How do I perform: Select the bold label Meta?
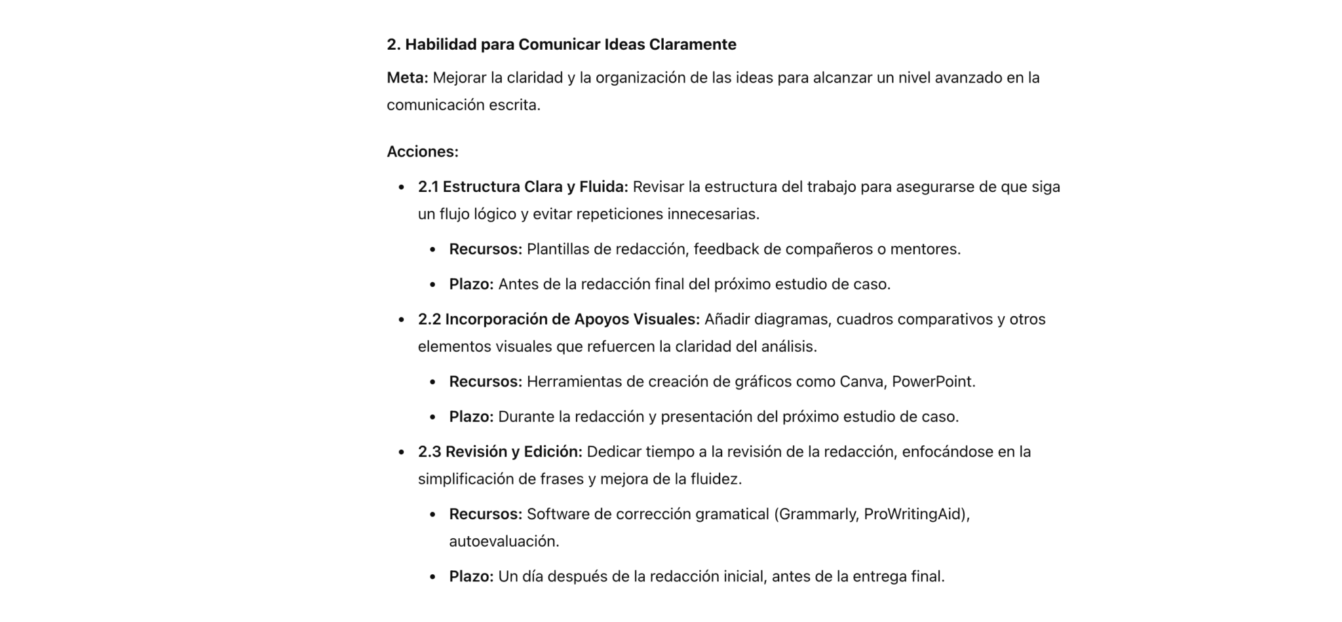click(407, 78)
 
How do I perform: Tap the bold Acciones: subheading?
click(422, 152)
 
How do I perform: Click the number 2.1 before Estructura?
click(428, 187)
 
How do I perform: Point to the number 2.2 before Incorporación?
click(429, 320)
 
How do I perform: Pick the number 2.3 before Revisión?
click(429, 452)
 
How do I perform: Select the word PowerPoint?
click(932, 382)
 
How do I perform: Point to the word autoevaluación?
click(503, 541)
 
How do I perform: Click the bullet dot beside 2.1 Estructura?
click(402, 188)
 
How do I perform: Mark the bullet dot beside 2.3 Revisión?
click(402, 452)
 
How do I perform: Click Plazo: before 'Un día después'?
click(470, 577)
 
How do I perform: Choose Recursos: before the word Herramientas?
click(485, 382)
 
